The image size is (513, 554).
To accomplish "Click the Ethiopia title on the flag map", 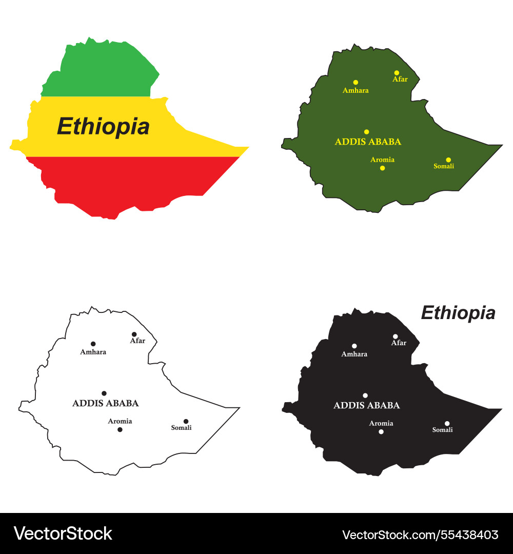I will point(103,126).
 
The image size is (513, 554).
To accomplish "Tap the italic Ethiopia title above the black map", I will point(458,312).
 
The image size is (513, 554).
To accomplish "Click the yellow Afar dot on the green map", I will point(397,73).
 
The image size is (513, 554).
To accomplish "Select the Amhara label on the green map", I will point(356,91).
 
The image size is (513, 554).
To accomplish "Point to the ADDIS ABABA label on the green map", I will point(368,142).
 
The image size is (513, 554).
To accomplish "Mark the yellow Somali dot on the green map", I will point(448,160).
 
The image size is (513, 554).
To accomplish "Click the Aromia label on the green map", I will point(382,160).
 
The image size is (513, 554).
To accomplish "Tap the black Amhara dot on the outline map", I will point(93,344).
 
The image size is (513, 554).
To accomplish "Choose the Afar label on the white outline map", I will point(137,341).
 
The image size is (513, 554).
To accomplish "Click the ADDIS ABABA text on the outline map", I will point(105,404).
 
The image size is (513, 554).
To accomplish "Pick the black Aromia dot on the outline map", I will point(120,429).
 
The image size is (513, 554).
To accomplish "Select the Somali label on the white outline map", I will point(181,428).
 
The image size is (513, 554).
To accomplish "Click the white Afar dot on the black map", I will point(396,337).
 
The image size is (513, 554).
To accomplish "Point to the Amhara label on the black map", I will point(354,354).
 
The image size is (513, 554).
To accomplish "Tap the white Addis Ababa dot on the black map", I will point(365,395).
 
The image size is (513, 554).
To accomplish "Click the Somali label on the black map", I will point(442,430).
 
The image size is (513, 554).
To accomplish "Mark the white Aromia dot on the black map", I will point(381,431).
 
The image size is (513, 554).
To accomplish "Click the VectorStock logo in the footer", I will point(63,533).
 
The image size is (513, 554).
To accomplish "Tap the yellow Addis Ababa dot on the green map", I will point(366,132).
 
